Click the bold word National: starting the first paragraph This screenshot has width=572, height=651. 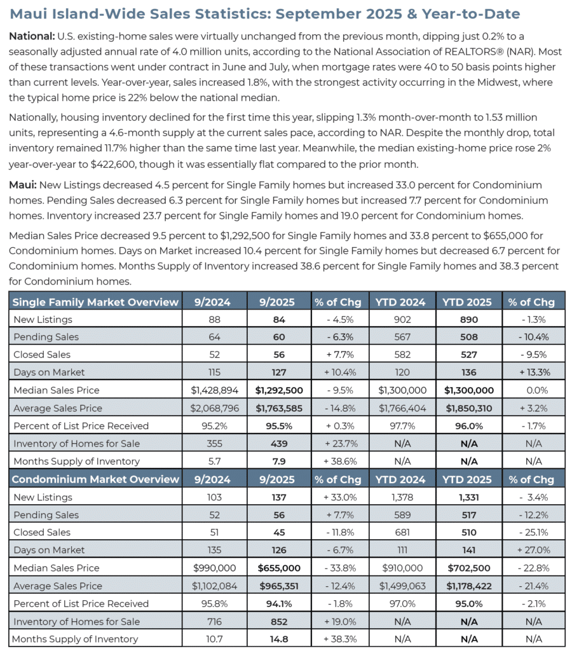click(31, 36)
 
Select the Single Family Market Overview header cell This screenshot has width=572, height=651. click(95, 302)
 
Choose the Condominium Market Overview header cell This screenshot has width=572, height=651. click(95, 479)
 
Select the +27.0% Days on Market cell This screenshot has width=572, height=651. click(534, 550)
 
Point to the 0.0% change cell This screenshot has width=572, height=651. click(534, 390)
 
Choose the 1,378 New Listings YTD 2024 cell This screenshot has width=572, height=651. click(404, 497)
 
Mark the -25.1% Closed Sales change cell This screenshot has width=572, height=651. click(534, 532)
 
